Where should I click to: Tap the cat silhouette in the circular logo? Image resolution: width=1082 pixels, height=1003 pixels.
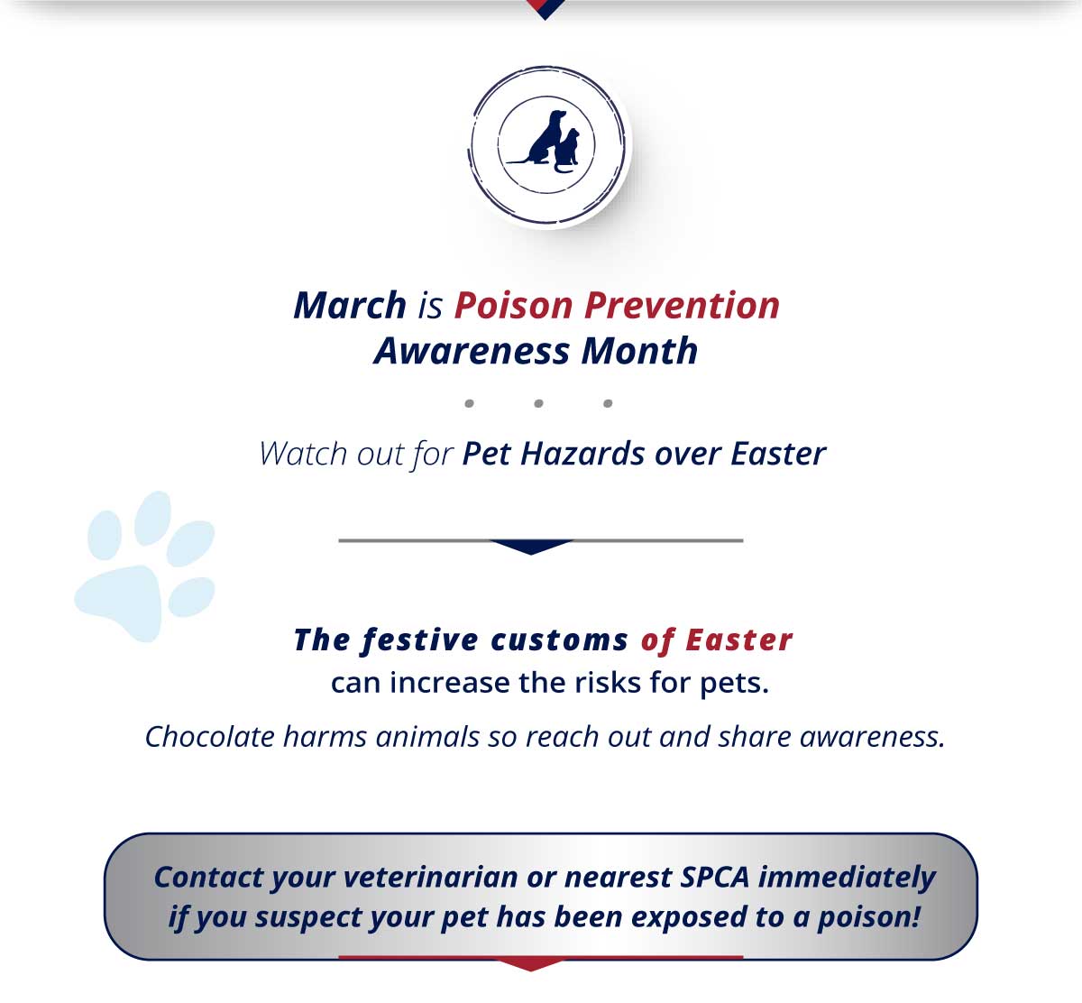click(x=567, y=151)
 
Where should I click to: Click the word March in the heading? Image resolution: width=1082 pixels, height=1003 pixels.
click(x=350, y=305)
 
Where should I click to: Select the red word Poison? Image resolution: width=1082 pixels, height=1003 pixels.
click(x=513, y=305)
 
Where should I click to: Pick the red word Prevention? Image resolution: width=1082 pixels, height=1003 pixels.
click(x=682, y=305)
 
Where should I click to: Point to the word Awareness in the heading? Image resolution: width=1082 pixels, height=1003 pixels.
click(x=472, y=351)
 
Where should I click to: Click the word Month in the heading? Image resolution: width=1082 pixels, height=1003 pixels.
click(x=639, y=351)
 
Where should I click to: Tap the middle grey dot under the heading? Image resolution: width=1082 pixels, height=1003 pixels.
click(x=539, y=403)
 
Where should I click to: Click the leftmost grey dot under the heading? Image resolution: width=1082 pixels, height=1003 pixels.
click(x=469, y=403)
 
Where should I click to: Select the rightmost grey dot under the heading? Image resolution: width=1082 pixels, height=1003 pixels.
click(x=608, y=403)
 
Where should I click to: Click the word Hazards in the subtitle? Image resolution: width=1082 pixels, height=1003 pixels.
click(x=582, y=454)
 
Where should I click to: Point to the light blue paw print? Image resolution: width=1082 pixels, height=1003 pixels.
click(x=144, y=566)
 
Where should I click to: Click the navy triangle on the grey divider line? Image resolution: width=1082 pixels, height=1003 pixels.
click(x=531, y=547)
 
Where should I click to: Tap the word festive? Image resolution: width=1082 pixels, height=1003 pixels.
click(x=419, y=640)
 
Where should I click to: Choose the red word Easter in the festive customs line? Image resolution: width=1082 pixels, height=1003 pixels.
click(x=738, y=640)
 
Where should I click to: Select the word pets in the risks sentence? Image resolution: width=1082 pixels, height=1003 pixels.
click(x=734, y=684)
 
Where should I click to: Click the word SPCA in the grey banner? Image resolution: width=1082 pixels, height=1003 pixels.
click(x=715, y=878)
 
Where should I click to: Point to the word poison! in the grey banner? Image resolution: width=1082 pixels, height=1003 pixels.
click(x=868, y=917)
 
